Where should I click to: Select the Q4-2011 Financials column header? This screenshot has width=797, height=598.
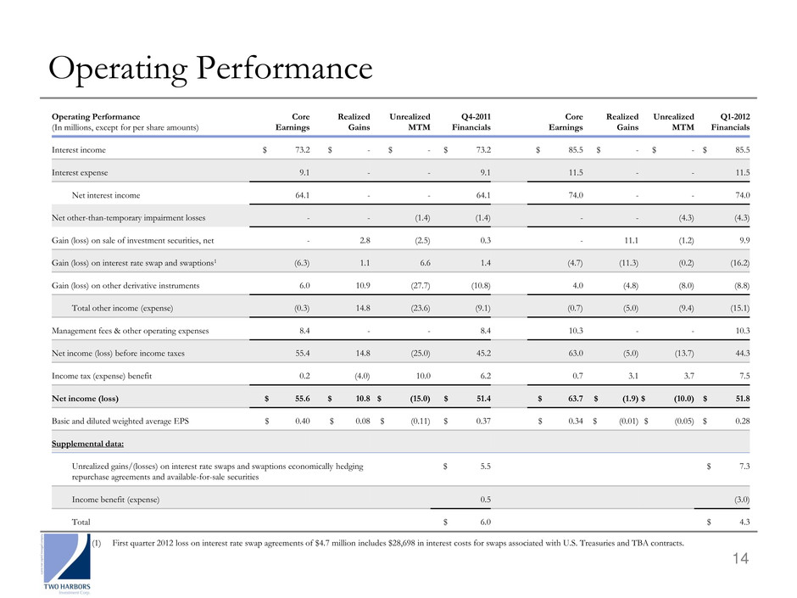pos(471,122)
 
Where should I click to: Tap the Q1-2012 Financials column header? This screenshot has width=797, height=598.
pos(730,122)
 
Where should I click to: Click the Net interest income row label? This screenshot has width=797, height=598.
pos(106,195)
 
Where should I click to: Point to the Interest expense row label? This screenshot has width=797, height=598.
pos(80,173)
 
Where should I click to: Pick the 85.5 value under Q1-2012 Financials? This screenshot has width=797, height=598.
pos(743,150)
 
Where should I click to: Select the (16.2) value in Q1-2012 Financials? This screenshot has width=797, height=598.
pos(739,263)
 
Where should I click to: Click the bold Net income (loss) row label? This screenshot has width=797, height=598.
pos(85,399)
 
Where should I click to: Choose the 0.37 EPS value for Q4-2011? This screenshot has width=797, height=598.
pos(483,421)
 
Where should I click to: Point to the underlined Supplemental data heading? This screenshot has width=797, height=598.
pos(87,444)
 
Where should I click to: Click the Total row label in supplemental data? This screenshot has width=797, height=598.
pos(81,523)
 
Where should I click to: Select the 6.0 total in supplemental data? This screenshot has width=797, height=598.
pos(486,523)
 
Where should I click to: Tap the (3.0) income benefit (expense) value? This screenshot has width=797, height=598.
pos(742,500)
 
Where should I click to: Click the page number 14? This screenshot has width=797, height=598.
pos(740,559)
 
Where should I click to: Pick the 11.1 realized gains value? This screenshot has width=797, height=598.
pos(632,241)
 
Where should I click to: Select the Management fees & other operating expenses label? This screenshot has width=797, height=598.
pos(130,331)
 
